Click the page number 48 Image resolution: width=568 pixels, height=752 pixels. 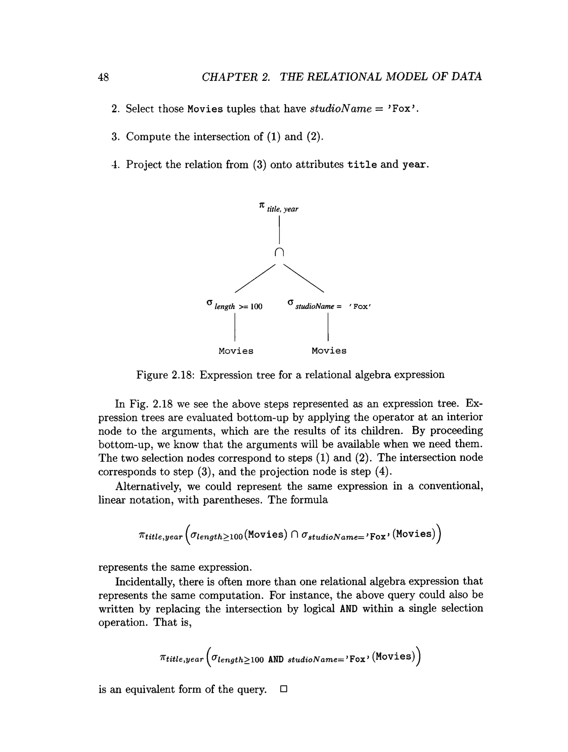tap(103, 77)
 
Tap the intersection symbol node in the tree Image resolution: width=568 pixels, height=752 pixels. tap(279, 252)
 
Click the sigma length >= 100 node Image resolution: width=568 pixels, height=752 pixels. tap(235, 305)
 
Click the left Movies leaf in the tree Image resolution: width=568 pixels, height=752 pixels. tap(236, 351)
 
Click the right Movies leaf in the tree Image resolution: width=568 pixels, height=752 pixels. tap(329, 351)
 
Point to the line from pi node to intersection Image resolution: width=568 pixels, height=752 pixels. tap(279, 230)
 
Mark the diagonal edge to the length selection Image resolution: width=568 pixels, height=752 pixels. tap(255, 278)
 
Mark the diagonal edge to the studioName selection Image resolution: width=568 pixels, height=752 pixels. tap(304, 278)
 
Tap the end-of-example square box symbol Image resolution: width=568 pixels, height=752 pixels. tap(284, 689)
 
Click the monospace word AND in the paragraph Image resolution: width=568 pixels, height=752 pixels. tap(348, 608)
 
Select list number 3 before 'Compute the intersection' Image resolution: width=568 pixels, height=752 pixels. tap(115, 137)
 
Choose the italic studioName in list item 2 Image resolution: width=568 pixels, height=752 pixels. tap(341, 109)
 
